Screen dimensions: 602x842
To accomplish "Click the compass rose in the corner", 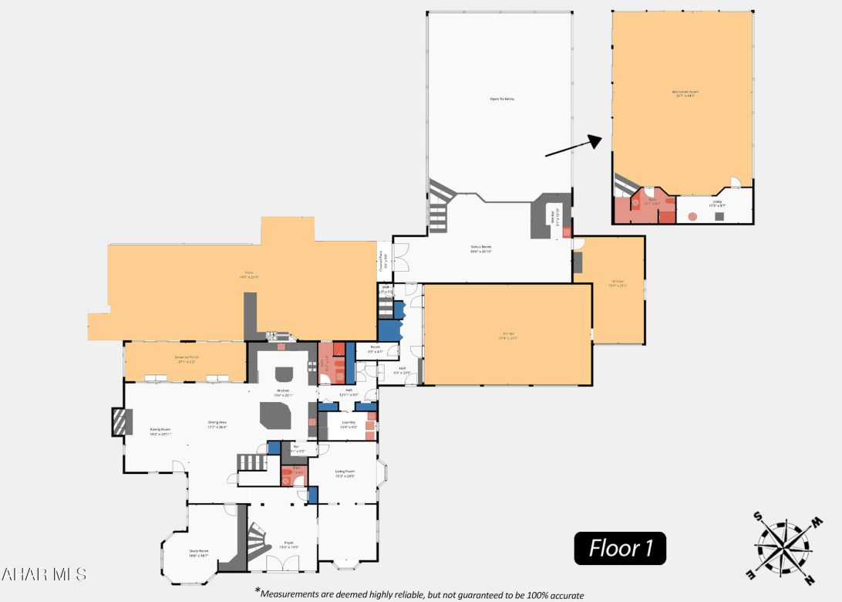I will point(783,547).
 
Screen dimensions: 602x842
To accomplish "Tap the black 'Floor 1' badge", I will point(621,549).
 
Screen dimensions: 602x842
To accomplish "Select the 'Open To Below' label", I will point(501,100).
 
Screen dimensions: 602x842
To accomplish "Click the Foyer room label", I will point(288,544).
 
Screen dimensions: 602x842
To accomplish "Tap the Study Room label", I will point(199,553).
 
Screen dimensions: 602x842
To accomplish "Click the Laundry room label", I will point(348,423).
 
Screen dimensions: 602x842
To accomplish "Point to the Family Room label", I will point(160,431).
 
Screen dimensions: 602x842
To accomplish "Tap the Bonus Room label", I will point(481,249).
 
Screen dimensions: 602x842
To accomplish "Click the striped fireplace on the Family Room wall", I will point(118,423).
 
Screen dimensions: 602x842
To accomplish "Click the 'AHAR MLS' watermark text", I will point(44,574).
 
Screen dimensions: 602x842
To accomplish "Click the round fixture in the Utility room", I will point(692,216).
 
